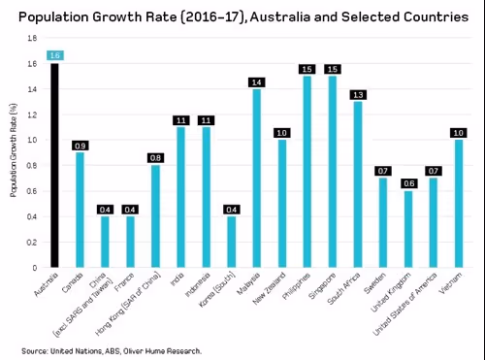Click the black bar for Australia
[54, 165]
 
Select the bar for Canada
[80, 210]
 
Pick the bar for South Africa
[357, 184]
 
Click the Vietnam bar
[458, 203]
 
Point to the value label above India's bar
[180, 119]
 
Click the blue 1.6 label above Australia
[54, 55]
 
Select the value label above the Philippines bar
[307, 69]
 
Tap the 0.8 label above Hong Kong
[155, 157]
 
